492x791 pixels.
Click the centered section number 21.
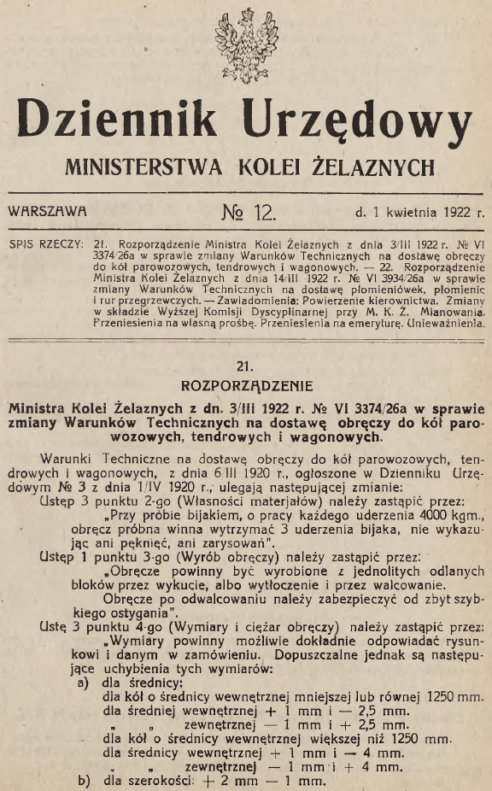coord(246,366)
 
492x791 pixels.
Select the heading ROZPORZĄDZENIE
coord(246,384)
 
